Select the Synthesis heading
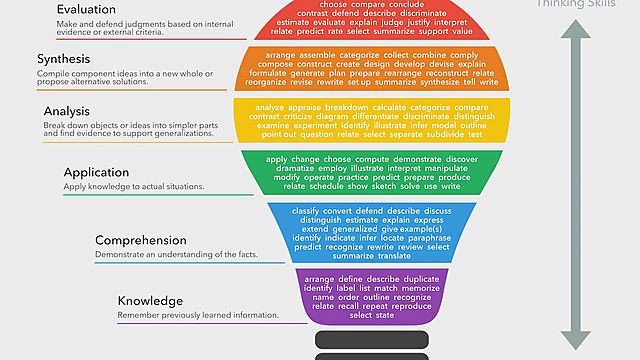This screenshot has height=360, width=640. (x=70, y=59)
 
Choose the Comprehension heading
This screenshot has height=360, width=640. (x=141, y=240)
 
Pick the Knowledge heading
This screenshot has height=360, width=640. (x=150, y=301)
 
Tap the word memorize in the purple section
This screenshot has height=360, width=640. (x=413, y=288)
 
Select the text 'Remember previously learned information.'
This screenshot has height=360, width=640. (x=198, y=316)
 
